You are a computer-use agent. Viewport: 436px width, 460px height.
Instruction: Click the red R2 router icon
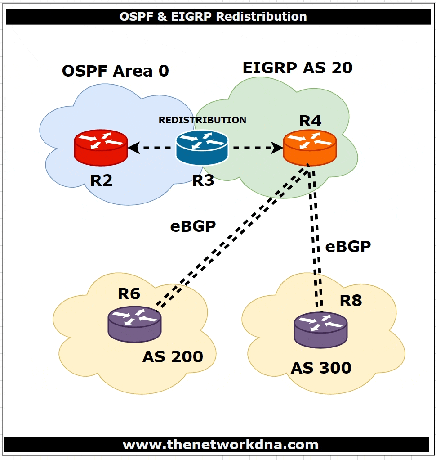click(x=101, y=147)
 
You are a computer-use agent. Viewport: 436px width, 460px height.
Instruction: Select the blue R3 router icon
click(x=202, y=147)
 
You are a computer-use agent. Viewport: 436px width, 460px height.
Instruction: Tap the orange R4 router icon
click(x=310, y=147)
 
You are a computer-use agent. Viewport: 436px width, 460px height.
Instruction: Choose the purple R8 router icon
click(x=320, y=329)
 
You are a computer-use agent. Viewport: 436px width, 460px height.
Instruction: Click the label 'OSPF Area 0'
click(x=115, y=71)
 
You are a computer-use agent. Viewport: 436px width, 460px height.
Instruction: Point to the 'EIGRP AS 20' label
click(x=298, y=68)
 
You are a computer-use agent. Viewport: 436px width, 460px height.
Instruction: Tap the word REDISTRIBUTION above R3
click(x=202, y=120)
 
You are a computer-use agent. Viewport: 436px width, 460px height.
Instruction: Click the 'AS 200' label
click(x=173, y=357)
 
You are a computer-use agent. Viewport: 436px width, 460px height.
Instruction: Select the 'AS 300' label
click(x=321, y=368)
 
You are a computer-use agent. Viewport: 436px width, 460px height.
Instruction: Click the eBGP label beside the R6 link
click(x=193, y=226)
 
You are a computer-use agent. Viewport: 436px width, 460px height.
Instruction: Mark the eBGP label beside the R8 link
click(x=348, y=246)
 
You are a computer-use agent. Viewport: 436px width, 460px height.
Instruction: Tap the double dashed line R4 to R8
click(x=316, y=239)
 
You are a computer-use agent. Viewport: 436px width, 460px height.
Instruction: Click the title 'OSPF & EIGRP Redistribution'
click(x=213, y=17)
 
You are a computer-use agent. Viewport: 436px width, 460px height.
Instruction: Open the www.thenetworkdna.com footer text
click(x=220, y=445)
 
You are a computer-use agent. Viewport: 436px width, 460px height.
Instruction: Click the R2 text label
click(x=101, y=180)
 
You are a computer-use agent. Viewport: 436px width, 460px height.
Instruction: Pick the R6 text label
click(x=129, y=294)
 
